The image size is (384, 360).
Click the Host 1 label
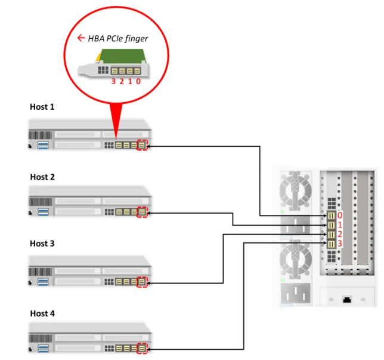pos(42,107)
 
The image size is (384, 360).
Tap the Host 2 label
pos(42,177)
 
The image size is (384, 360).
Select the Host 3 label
pos(42,244)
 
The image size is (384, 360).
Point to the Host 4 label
pos(42,313)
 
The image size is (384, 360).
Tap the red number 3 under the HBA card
pos(113,82)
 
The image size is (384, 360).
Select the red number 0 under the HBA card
pos(138,82)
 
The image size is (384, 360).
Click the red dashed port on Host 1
pos(141,145)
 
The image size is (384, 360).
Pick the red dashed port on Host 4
pos(141,348)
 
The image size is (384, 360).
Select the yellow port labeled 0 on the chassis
pos(330,215)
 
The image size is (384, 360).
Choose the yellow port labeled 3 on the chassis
pos(330,244)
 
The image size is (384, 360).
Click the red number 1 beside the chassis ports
pos(340,225)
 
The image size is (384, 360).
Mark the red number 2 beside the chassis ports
pos(340,235)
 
